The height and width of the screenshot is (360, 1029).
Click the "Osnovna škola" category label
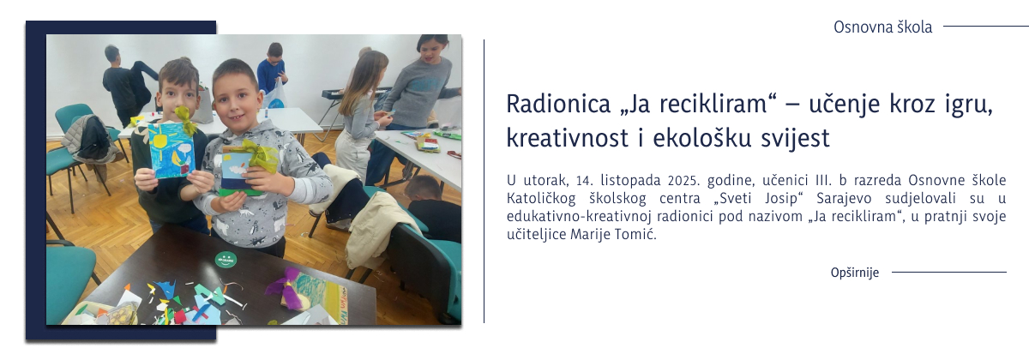882,27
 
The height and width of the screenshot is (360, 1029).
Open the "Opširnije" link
855,273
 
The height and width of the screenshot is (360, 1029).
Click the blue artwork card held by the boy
171,150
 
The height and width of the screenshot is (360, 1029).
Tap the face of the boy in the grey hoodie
235,91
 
